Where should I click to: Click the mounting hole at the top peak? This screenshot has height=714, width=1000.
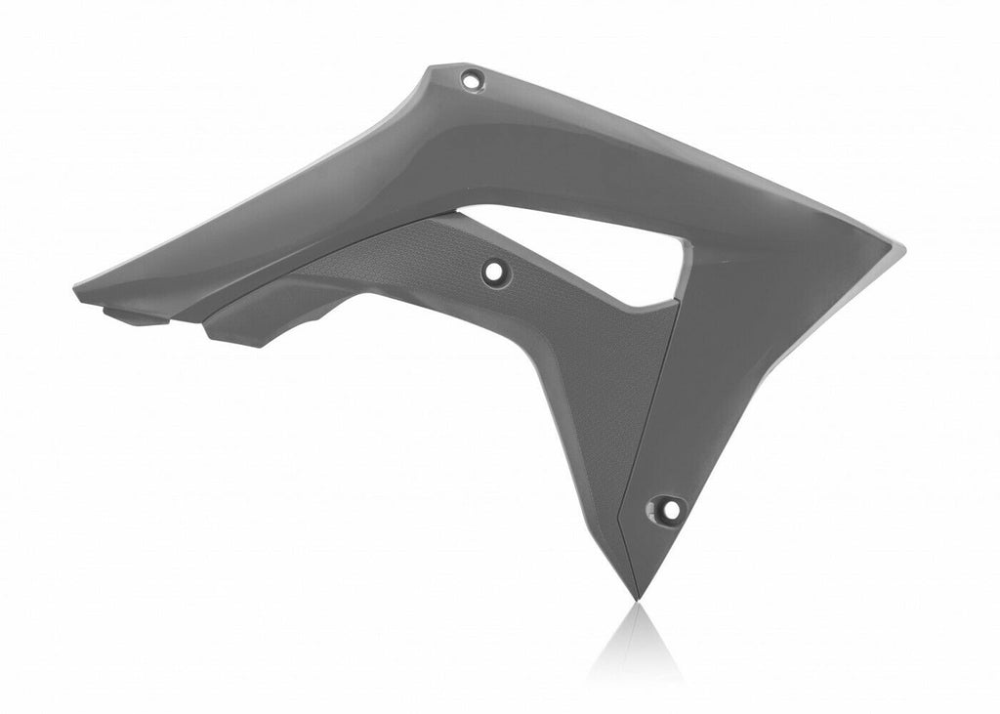[x=472, y=80]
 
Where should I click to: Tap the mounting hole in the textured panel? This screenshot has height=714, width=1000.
[x=495, y=270]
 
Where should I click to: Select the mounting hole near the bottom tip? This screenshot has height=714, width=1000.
[x=667, y=508]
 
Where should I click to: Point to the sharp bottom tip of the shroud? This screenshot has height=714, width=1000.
[x=636, y=597]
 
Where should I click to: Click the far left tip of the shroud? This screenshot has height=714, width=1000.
[x=77, y=290]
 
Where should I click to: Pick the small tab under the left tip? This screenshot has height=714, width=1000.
[x=132, y=315]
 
